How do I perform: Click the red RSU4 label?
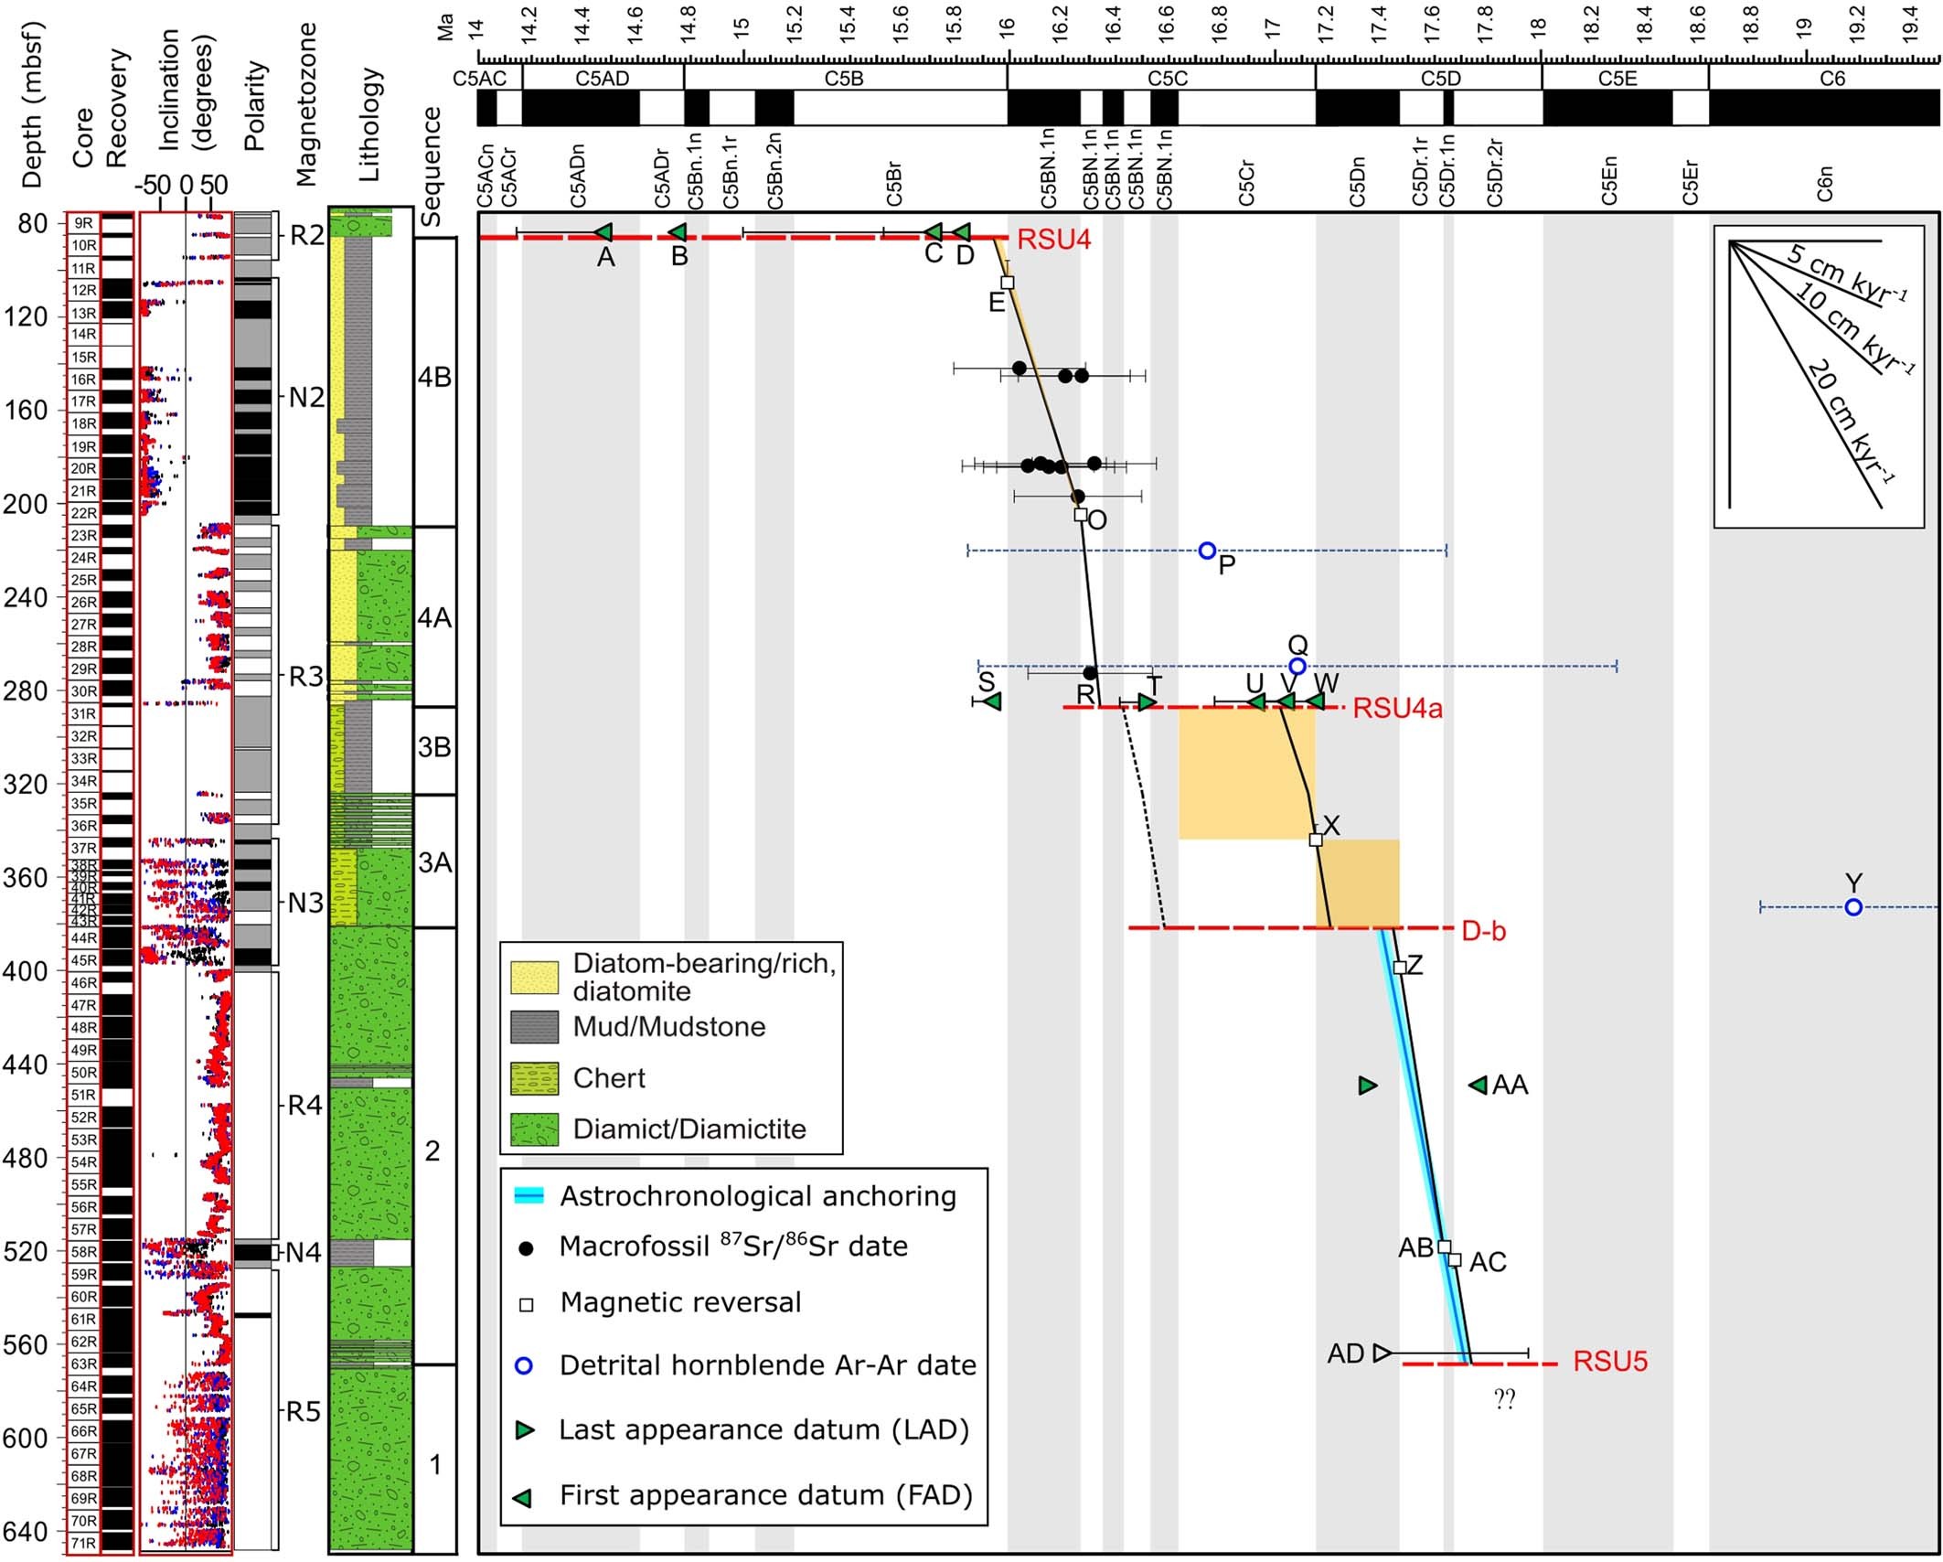point(1053,241)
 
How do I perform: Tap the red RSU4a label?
point(1397,708)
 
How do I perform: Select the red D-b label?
point(1483,931)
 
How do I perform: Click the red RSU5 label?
point(1609,1362)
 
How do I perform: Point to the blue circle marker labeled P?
point(1207,551)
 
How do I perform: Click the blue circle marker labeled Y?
point(1853,907)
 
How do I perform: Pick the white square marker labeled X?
point(1316,840)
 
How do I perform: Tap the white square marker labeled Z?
point(1399,968)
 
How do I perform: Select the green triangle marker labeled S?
point(993,701)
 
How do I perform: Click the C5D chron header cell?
point(1440,79)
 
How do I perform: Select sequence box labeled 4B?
point(434,379)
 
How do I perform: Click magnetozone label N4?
point(304,1252)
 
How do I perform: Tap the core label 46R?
point(84,983)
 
